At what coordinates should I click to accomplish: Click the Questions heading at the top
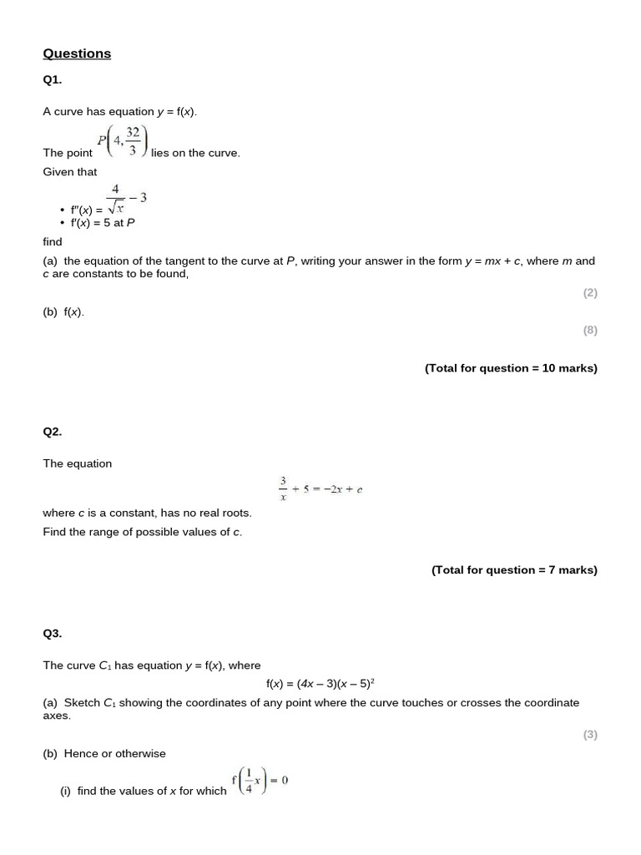click(x=77, y=53)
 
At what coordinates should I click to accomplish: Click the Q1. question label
click(x=52, y=80)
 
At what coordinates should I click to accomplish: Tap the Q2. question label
click(x=52, y=432)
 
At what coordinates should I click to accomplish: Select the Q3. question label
click(x=52, y=634)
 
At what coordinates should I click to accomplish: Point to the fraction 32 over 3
click(x=133, y=142)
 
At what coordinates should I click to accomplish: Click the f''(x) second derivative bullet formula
click(x=104, y=205)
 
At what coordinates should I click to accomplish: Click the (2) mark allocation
click(x=590, y=293)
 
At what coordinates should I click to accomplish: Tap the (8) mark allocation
click(x=590, y=330)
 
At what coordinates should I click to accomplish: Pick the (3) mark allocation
click(x=590, y=735)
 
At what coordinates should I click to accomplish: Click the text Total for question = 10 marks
click(x=511, y=368)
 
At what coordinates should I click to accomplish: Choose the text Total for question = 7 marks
click(x=514, y=570)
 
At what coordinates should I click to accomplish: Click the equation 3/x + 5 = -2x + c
click(x=320, y=488)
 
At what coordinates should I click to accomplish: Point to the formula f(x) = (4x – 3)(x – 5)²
click(x=320, y=684)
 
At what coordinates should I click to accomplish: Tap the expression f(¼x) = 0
click(x=260, y=782)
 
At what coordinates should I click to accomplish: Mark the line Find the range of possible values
click(x=143, y=532)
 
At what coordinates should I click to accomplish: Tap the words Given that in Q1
click(x=70, y=172)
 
